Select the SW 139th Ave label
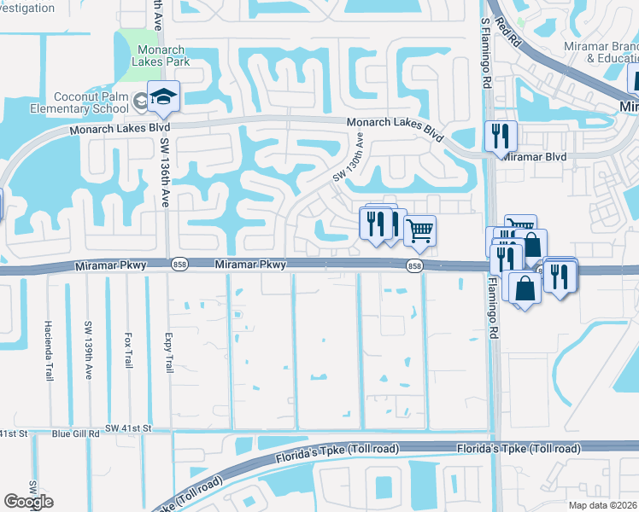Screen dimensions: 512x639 pyautogui.click(x=88, y=349)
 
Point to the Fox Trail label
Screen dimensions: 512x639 pyautogui.click(x=128, y=349)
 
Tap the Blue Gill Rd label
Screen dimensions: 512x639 pyautogui.click(x=76, y=433)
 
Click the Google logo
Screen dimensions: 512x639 pyautogui.click(x=29, y=502)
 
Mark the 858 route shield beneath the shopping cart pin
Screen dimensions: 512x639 pyautogui.click(x=413, y=266)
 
